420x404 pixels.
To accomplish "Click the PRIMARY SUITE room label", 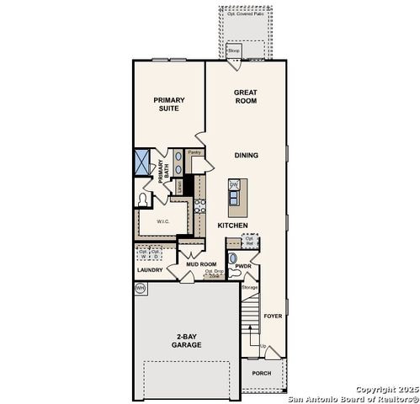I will (x=168, y=104).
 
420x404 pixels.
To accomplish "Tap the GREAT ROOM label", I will (x=246, y=96).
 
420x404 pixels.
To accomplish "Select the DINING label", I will (x=246, y=155).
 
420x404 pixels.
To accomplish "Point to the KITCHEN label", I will (x=232, y=226).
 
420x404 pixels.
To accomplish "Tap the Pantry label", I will (x=194, y=152).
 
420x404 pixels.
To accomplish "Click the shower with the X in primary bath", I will (x=141, y=162).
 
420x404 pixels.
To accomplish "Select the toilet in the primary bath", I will (x=142, y=199).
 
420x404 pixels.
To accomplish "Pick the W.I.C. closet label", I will (x=162, y=223).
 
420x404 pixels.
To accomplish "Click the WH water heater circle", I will (x=140, y=289).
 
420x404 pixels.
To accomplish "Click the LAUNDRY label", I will (x=149, y=270).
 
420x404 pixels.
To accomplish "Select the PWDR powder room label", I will (x=244, y=266).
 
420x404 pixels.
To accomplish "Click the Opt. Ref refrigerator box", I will (x=249, y=241).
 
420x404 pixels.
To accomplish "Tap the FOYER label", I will (x=273, y=316).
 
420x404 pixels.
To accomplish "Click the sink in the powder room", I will (x=233, y=258).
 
